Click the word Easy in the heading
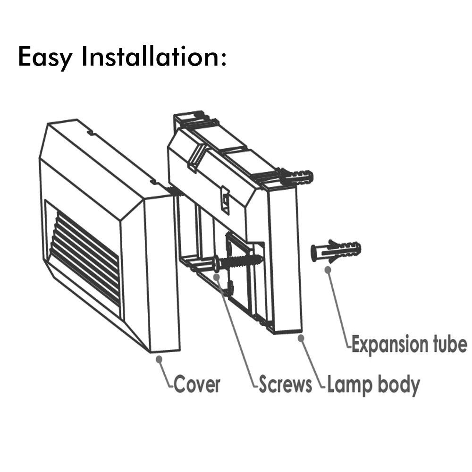(45, 57)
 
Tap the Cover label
(197, 385)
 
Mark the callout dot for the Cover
(159, 359)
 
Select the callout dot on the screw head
(217, 275)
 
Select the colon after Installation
(223, 58)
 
